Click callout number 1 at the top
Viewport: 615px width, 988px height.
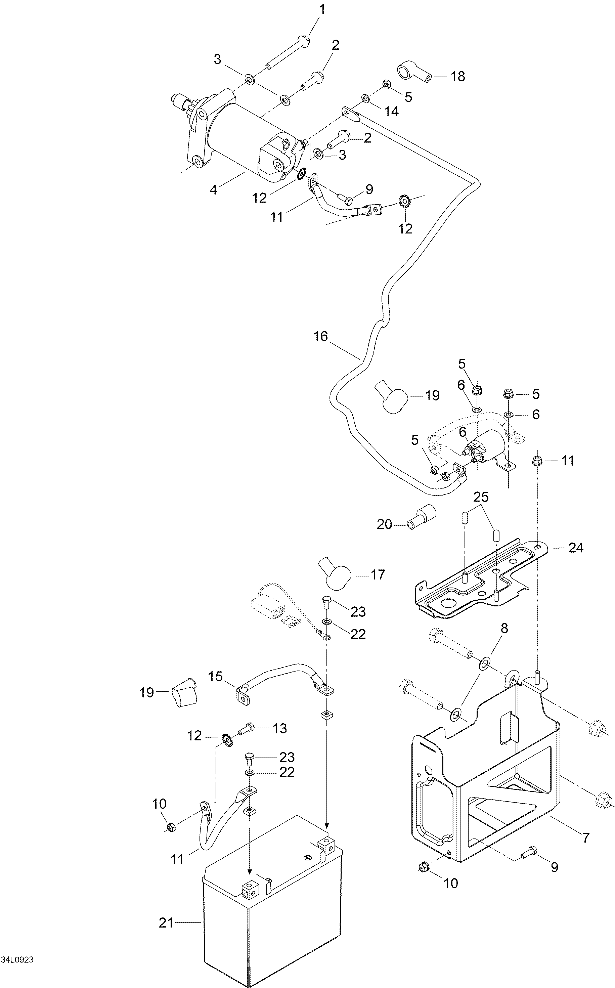tap(322, 10)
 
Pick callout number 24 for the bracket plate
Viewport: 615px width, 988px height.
tap(576, 548)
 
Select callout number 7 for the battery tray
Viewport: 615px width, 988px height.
tap(586, 838)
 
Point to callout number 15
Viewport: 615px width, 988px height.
tap(216, 677)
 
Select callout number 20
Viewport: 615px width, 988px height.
tap(384, 525)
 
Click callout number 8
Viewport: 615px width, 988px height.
tap(504, 629)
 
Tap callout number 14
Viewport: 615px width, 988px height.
tap(391, 112)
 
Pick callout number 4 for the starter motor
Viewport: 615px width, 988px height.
tap(214, 189)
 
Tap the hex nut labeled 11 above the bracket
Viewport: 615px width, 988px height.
tap(537, 461)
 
